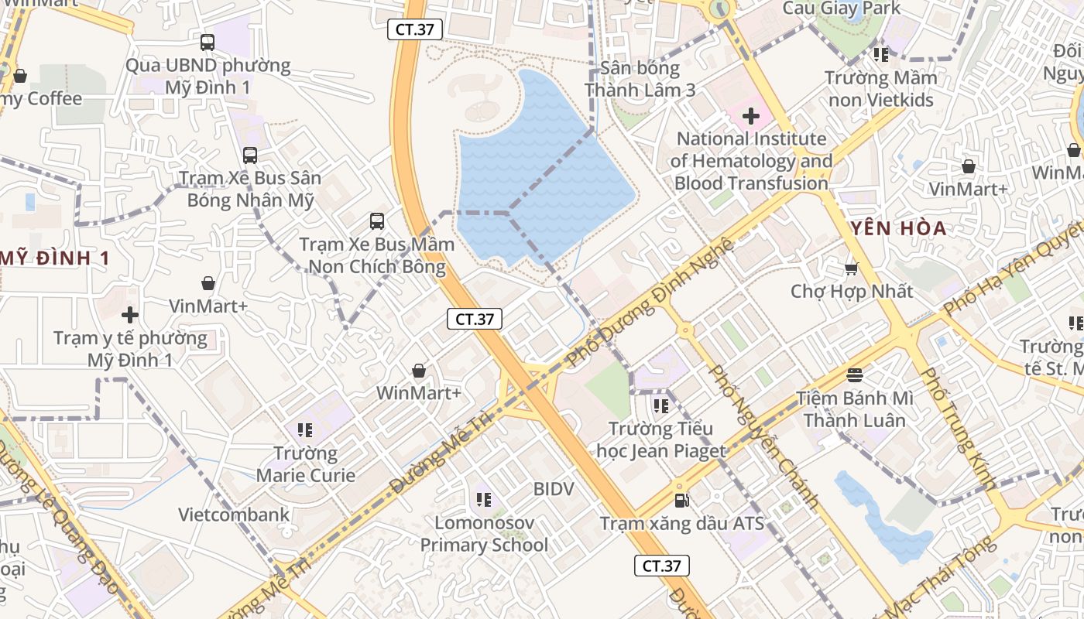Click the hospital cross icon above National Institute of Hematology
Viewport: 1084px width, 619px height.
[x=750, y=117]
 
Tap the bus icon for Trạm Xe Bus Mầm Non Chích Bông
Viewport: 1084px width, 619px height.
[x=377, y=221]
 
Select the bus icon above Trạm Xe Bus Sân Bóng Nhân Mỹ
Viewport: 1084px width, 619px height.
[x=250, y=156]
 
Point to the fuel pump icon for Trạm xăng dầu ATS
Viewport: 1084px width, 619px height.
[x=681, y=501]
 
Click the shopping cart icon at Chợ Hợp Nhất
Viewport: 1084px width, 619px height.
[x=852, y=269]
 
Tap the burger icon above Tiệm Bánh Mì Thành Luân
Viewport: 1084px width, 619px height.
[x=855, y=375]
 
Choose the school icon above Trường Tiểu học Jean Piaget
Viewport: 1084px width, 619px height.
[x=660, y=405]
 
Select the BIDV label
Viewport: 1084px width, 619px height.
[x=554, y=489]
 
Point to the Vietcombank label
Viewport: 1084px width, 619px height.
[x=234, y=515]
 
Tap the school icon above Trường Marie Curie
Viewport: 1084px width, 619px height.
[x=305, y=429]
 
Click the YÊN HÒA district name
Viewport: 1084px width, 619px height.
[x=898, y=228]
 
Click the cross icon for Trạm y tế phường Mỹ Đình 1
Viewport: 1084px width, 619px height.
[x=130, y=315]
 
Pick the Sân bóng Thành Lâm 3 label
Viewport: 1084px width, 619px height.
[x=640, y=79]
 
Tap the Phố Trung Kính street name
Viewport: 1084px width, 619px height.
[x=957, y=428]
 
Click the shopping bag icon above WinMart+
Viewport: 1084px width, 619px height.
[x=419, y=371]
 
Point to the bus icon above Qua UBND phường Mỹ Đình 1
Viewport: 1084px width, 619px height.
[x=208, y=43]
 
